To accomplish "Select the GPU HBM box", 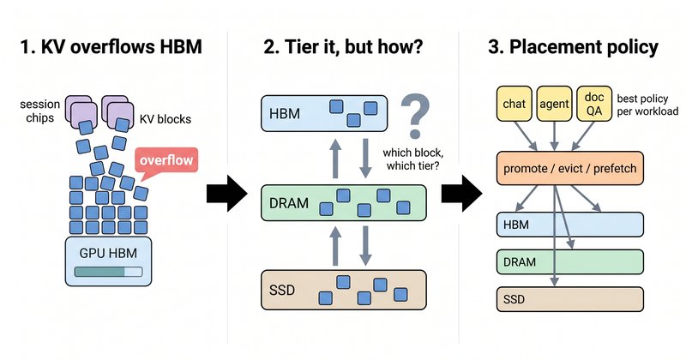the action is [109, 261].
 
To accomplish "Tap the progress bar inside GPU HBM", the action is [109, 272].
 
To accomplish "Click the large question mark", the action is [415, 116].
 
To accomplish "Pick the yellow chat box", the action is [514, 104].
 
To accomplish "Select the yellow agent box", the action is [554, 104].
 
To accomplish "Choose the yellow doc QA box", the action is [594, 104].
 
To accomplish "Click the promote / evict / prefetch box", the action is [570, 168].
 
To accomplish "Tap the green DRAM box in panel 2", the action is [344, 203].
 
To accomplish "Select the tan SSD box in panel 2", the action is [344, 290].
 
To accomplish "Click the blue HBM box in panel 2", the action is [324, 113].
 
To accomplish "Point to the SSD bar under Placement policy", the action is [570, 299].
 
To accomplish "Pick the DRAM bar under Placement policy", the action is [570, 261].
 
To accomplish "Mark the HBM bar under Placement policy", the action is [570, 225].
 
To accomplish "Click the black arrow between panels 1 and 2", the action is [227, 193].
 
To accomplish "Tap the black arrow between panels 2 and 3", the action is [461, 193].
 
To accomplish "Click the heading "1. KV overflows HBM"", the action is [111, 47].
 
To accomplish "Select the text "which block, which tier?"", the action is [412, 159].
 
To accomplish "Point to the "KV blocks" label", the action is [165, 119].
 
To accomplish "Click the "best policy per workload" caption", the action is [647, 105].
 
